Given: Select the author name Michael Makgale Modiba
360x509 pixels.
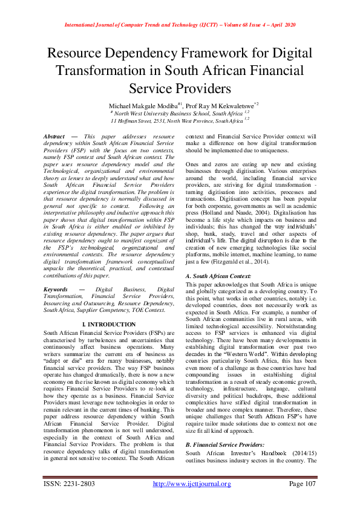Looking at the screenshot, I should tap(140, 105).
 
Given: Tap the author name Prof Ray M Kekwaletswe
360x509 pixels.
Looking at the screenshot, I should tap(219, 105).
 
